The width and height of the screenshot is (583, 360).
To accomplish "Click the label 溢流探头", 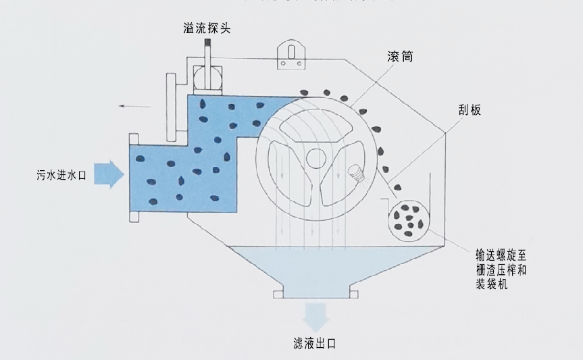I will click(x=207, y=28).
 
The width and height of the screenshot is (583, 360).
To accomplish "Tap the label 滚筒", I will click(x=401, y=57).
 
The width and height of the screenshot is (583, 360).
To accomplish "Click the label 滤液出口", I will click(x=314, y=344).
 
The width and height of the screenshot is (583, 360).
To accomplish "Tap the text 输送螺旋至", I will click(x=503, y=255).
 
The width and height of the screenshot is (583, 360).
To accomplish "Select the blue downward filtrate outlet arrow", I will click(x=314, y=315).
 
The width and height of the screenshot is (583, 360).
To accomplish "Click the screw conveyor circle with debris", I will click(x=409, y=220).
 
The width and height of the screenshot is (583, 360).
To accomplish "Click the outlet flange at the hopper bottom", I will click(x=314, y=293).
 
